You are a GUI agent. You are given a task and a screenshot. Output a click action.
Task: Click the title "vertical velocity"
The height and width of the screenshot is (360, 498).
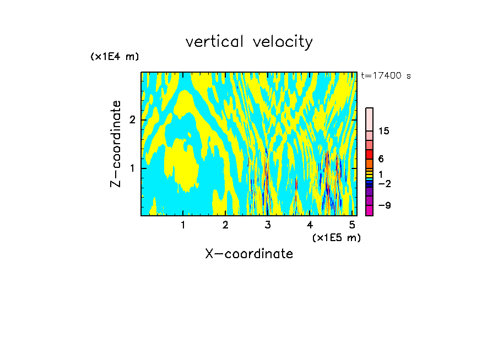pyautogui.click(x=249, y=42)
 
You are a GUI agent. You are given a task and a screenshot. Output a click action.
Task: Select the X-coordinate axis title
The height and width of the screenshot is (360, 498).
pyautogui.click(x=249, y=254)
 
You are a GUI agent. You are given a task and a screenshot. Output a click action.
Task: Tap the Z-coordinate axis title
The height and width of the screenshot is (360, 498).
pyautogui.click(x=116, y=144)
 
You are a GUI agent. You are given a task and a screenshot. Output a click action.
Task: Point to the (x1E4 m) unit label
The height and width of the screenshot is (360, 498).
pyautogui.click(x=115, y=57)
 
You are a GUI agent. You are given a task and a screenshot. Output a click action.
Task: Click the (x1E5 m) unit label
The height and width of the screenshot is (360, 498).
pyautogui.click(x=336, y=238)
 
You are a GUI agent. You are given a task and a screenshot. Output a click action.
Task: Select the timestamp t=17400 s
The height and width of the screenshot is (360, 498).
pyautogui.click(x=386, y=76)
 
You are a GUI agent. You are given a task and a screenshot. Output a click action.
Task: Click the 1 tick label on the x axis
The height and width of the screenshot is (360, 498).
pyautogui.click(x=183, y=225)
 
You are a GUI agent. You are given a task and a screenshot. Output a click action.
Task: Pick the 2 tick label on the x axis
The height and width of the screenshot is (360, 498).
pyautogui.click(x=225, y=225)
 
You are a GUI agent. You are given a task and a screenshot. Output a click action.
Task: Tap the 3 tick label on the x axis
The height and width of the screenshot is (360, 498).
pyautogui.click(x=268, y=225)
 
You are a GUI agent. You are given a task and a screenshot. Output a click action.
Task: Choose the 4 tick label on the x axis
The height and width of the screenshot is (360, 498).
pyautogui.click(x=310, y=225)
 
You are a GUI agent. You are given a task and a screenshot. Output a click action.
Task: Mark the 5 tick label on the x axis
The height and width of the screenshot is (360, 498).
pyautogui.click(x=352, y=225)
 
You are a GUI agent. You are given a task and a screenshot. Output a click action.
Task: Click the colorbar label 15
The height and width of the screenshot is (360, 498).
pyautogui.click(x=384, y=131)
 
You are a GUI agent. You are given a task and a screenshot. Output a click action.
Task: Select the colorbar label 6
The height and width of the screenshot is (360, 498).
pyautogui.click(x=381, y=159)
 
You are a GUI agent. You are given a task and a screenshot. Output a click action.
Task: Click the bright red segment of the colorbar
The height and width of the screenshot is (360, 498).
pyautogui.click(x=369, y=154)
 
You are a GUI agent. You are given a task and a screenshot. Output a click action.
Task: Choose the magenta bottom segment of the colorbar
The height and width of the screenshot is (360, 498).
pyautogui.click(x=369, y=210)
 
